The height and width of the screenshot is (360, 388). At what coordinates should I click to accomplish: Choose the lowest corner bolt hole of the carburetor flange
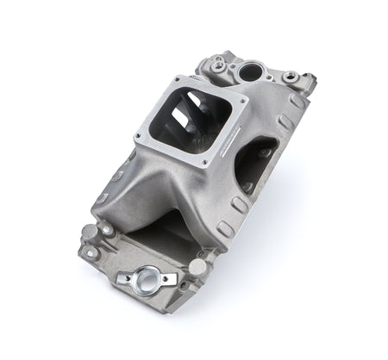point(203,163)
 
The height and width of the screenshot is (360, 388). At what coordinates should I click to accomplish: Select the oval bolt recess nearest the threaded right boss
point(297,102)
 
